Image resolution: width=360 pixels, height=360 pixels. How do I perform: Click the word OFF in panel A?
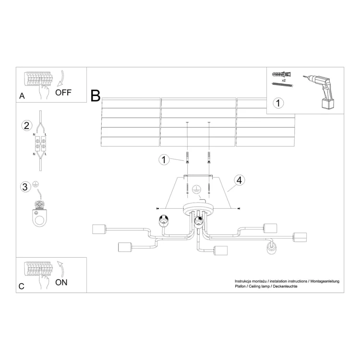coord(63,93)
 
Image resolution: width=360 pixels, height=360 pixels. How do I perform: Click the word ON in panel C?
coord(61,282)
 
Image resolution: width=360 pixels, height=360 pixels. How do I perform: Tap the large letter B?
coord(96,96)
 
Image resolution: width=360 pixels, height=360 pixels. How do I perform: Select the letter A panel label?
coord(22,96)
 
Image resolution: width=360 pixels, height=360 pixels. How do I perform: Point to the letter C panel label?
coord(21,286)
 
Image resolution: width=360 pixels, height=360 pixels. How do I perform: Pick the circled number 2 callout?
coord(26,126)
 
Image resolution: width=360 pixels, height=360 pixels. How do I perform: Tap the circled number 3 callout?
coord(25,187)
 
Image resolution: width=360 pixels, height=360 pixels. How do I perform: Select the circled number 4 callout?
coord(239,180)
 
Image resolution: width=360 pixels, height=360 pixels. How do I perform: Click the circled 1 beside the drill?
coord(278,103)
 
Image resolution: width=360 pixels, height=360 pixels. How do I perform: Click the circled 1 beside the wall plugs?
coord(164,159)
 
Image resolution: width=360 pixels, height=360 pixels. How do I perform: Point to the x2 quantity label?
coord(284,80)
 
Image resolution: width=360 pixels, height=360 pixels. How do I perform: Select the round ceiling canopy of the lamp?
coord(198,208)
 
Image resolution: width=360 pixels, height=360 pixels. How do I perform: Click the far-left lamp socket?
coord(99,229)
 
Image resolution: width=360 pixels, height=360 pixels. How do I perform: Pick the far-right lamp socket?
coord(300,237)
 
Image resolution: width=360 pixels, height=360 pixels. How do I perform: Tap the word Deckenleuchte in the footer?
coord(285,286)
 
